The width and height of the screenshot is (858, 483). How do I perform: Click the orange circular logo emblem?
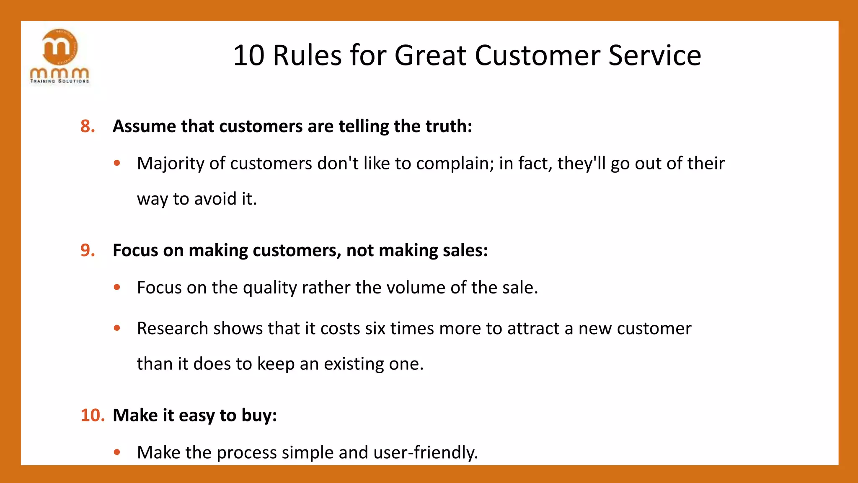(x=60, y=47)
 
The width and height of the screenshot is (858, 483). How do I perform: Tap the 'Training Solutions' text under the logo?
(x=59, y=81)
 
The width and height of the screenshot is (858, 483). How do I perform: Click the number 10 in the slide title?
(x=248, y=55)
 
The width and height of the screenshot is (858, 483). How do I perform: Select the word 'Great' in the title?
(x=430, y=55)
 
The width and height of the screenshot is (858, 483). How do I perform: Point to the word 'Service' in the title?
(x=654, y=55)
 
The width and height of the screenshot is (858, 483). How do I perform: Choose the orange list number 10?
(x=92, y=415)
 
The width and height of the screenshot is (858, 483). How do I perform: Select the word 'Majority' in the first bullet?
(x=171, y=164)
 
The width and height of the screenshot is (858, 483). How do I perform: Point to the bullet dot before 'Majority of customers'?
(x=117, y=163)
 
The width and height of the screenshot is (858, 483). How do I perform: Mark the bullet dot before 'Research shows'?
(x=117, y=328)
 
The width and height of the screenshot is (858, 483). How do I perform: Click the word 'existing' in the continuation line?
(x=354, y=364)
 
